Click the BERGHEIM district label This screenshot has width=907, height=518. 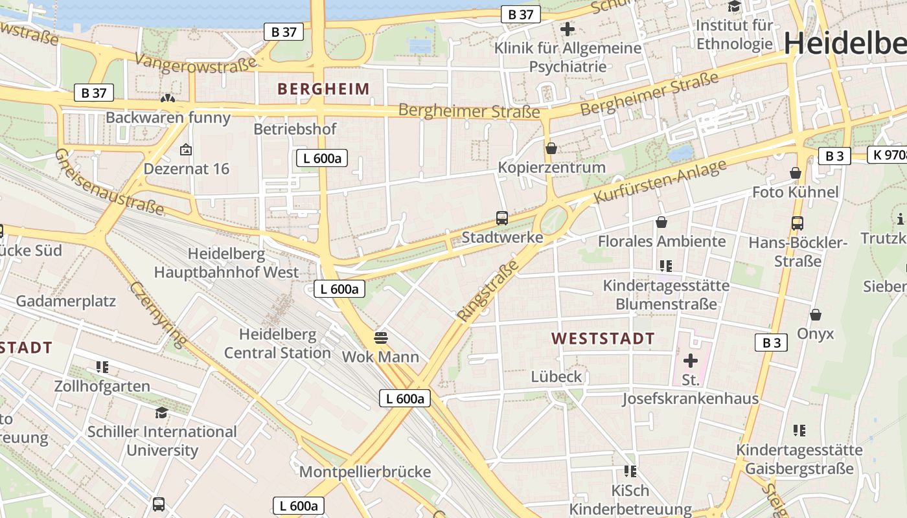tap(323, 89)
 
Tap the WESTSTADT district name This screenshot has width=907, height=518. tap(603, 339)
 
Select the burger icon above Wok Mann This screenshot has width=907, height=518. tap(380, 337)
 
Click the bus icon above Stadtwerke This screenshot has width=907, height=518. tap(502, 218)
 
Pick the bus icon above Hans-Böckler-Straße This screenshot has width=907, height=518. tap(798, 223)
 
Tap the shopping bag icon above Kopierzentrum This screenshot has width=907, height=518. tap(551, 148)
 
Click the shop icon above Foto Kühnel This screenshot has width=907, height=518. tap(796, 173)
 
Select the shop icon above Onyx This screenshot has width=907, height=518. tap(816, 315)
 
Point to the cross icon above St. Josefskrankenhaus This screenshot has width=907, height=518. tap(691, 360)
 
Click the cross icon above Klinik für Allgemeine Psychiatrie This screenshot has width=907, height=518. tap(568, 29)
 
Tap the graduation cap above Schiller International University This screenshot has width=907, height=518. tap(161, 412)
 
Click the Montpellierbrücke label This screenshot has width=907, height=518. tap(365, 472)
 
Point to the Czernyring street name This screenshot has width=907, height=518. tap(158, 314)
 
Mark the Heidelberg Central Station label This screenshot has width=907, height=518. tap(277, 344)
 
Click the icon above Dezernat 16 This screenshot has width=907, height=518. tap(186, 150)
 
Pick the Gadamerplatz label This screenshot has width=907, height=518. tap(65, 301)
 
